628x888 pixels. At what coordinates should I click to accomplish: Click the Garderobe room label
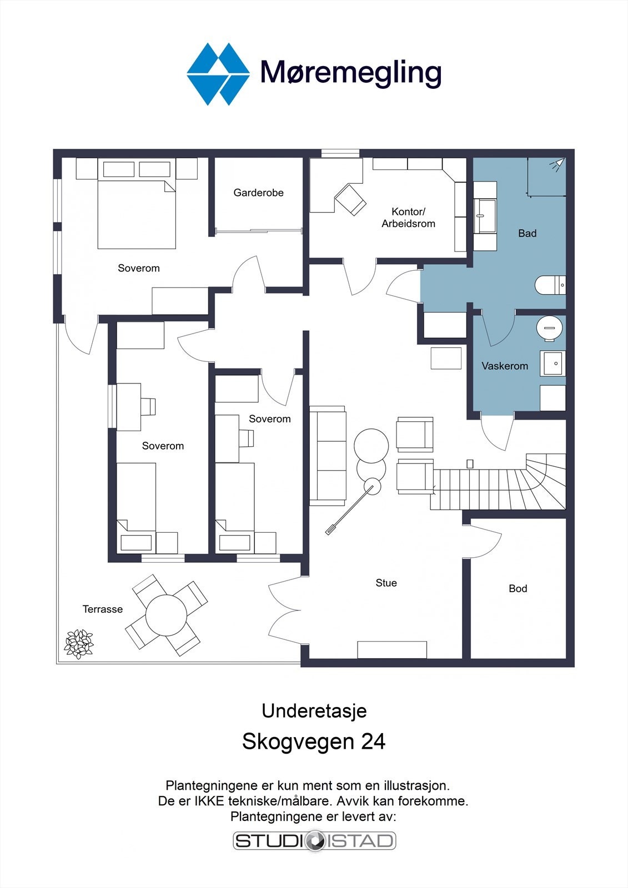(x=258, y=193)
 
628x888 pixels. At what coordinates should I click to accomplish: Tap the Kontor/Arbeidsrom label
(x=408, y=218)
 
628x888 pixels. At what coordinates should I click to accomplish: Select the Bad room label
(x=527, y=234)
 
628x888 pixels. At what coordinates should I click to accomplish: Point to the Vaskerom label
(x=505, y=366)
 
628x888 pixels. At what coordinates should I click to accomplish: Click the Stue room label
(x=386, y=583)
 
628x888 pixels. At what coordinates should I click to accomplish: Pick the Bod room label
(x=518, y=589)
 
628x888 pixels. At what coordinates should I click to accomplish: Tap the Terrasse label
(x=102, y=609)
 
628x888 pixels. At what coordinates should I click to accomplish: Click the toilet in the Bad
(x=550, y=285)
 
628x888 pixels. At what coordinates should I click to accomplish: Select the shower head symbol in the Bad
(x=558, y=164)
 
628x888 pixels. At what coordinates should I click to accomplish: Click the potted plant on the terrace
(x=78, y=644)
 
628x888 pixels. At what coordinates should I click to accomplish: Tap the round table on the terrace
(x=166, y=616)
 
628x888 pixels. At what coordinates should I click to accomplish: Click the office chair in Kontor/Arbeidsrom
(x=350, y=199)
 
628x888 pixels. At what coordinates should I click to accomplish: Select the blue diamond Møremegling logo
(x=218, y=74)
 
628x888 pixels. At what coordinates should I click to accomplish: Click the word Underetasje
(x=314, y=711)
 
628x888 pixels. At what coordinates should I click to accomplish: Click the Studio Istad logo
(x=314, y=840)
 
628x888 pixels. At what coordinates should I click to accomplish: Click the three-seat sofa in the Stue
(x=328, y=456)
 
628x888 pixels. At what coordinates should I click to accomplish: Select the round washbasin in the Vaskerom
(x=550, y=328)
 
